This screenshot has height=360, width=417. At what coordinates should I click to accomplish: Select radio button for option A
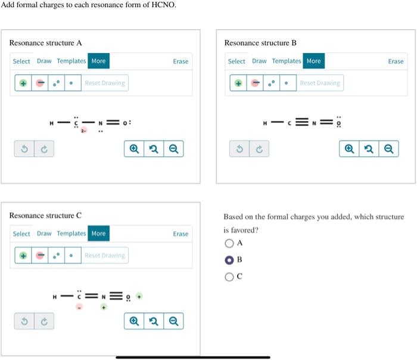coord(229,243)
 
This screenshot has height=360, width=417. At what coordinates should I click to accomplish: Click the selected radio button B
coord(229,260)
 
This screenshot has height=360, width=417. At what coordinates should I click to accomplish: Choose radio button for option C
coord(229,277)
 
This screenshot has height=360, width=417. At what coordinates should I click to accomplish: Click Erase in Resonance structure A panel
coord(181,61)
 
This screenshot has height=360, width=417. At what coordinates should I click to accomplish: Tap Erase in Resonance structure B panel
coord(396,61)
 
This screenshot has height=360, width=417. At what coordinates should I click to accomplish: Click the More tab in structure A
coord(98,61)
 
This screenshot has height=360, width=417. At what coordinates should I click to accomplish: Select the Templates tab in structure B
coord(287,61)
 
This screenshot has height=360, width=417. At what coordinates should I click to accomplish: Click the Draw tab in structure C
coord(44,234)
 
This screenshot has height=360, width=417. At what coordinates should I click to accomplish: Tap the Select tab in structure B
coord(236,61)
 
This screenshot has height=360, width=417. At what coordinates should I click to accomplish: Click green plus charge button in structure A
coord(23,83)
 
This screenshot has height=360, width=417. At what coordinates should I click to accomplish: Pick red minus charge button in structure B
coord(255,83)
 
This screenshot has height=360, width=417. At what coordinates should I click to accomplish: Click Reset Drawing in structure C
coord(105,256)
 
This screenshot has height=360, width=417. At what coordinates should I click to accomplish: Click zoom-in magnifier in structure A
coord(133,149)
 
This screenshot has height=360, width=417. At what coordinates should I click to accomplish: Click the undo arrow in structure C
coord(24,321)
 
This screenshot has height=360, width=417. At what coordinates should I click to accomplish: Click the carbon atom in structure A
coord(76,123)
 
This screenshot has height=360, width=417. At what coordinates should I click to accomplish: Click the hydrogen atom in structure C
coord(54,296)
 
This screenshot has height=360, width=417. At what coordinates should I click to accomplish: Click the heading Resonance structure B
coord(260,43)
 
